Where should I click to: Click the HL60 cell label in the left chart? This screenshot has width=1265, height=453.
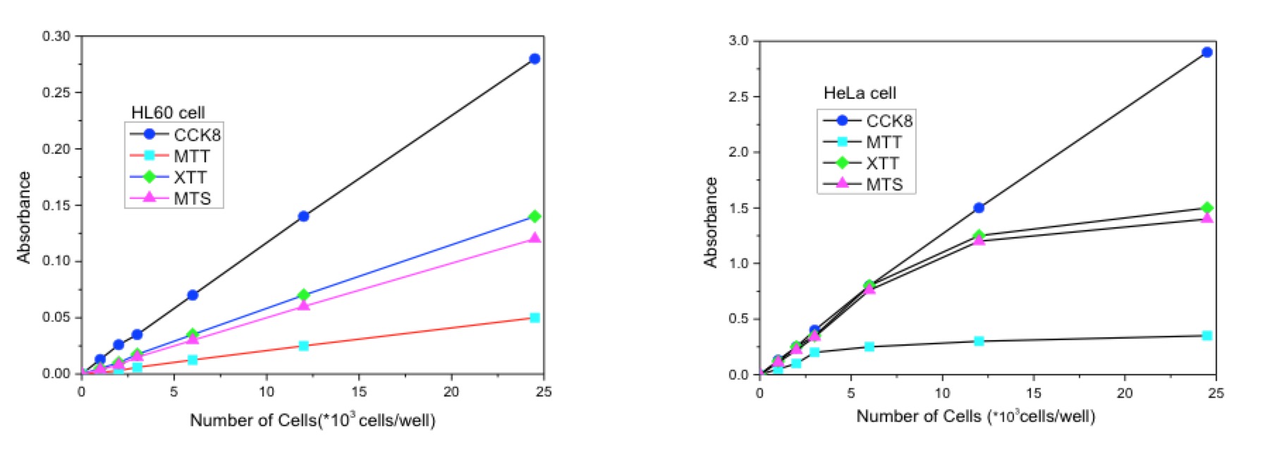click(x=168, y=113)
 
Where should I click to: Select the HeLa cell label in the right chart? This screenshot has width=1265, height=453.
click(x=860, y=93)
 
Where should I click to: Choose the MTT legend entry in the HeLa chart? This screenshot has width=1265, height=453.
click(x=884, y=143)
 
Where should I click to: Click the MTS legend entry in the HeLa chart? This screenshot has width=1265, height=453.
click(x=884, y=185)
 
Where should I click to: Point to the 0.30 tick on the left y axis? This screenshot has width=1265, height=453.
click(x=56, y=36)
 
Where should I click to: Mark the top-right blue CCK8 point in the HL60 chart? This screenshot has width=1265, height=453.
click(x=534, y=59)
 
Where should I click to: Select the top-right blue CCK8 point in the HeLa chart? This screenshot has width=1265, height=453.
click(x=1206, y=52)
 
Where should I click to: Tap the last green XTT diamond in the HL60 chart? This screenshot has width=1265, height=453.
click(x=534, y=216)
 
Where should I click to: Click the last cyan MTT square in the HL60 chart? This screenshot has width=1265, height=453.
click(x=534, y=318)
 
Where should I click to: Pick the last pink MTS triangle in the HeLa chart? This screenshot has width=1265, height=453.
click(x=1206, y=218)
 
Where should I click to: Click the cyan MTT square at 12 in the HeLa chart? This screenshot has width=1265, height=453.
click(x=979, y=341)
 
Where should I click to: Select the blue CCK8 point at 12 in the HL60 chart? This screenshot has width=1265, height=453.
click(x=303, y=216)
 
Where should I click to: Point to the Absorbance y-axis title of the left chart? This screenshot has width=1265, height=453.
click(x=25, y=217)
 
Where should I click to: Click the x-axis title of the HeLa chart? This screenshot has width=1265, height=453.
click(x=975, y=416)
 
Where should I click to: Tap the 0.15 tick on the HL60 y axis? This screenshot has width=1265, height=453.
click(x=56, y=205)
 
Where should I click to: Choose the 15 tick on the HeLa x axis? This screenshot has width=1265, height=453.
click(x=1033, y=393)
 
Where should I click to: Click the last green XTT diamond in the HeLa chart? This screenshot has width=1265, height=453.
click(x=1206, y=207)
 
